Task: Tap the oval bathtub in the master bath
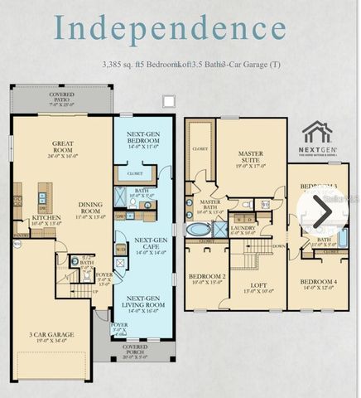point(200,230)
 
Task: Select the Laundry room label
point(243,230)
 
